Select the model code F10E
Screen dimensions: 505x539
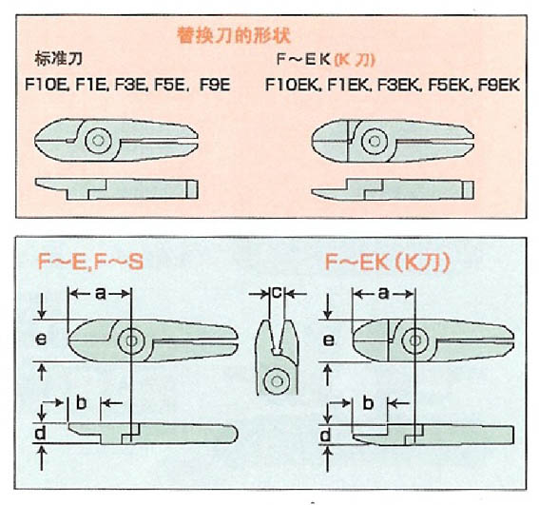pos(44,85)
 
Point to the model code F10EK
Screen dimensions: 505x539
pos(291,85)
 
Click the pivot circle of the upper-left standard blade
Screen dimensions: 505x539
pos(97,142)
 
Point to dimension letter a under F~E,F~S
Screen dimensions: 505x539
pos(101,294)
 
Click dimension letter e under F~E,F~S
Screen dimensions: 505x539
pos(42,339)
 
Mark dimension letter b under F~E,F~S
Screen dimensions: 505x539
pos(82,402)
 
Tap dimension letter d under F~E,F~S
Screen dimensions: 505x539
pos(42,436)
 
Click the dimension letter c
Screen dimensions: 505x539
pos(275,293)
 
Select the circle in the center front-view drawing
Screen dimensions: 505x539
pos(275,380)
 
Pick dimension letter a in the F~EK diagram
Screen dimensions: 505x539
pos(384,294)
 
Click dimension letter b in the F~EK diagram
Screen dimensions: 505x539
pos(366,402)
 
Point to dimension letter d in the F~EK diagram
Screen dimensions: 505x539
pos(327,436)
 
